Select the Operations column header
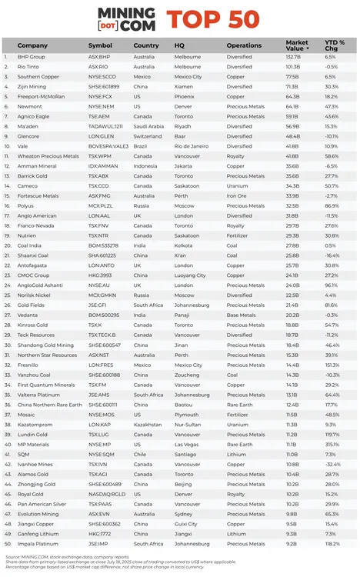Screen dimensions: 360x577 point(244,45)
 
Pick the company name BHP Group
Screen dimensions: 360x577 point(31,57)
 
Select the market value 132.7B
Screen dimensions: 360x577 point(292,57)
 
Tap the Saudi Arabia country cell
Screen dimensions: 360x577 point(148,126)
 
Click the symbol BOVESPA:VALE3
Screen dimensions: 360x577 point(108,146)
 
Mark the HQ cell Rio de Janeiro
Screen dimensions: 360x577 point(191,146)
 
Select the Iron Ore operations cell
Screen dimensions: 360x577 point(236,195)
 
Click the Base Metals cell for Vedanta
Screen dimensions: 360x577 point(240,315)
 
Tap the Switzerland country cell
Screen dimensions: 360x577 point(148,136)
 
